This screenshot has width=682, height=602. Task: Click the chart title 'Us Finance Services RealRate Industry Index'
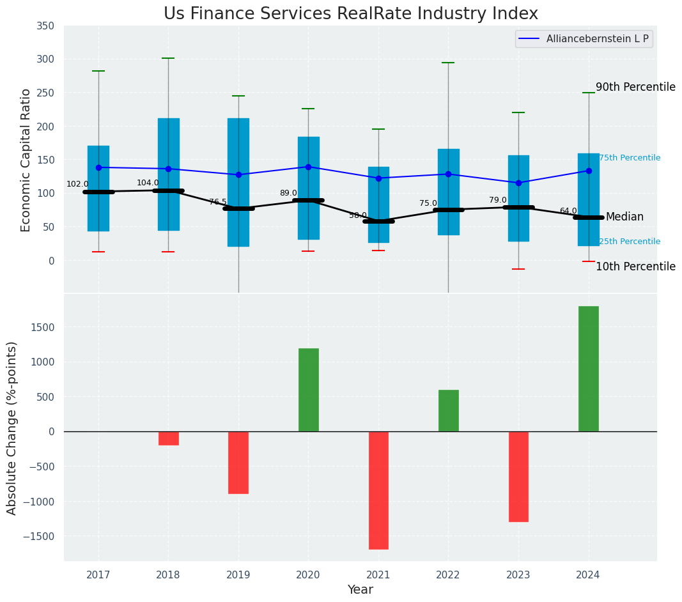click(x=350, y=13)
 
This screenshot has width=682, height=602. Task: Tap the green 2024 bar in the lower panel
click(x=588, y=369)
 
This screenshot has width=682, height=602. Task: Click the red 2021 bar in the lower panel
click(x=378, y=490)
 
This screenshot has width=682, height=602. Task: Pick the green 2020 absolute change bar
click(x=308, y=390)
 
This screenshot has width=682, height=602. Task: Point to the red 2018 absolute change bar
click(x=168, y=438)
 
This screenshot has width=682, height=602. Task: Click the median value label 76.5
click(x=218, y=202)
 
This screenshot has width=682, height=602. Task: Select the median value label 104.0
click(x=147, y=183)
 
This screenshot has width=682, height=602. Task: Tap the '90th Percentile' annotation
click(x=635, y=87)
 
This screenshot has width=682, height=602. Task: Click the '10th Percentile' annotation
click(x=635, y=266)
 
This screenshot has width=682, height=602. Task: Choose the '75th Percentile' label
click(x=630, y=158)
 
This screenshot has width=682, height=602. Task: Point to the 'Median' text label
click(x=624, y=217)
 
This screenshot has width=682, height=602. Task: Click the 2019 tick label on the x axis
click(x=238, y=575)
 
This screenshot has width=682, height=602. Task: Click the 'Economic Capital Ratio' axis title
click(x=26, y=160)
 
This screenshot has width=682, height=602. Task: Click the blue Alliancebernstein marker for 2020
click(x=308, y=167)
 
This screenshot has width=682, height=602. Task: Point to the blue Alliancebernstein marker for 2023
click(x=518, y=183)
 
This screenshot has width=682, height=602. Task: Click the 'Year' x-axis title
click(x=360, y=590)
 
